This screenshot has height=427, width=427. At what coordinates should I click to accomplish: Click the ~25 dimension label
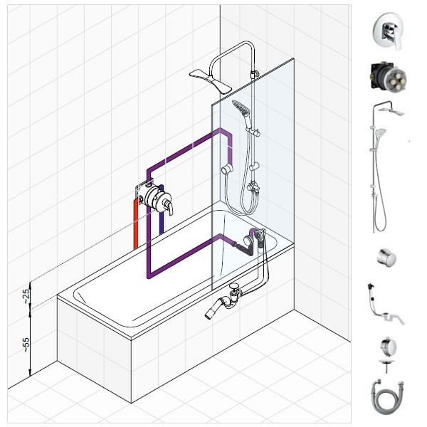click(x=26, y=296)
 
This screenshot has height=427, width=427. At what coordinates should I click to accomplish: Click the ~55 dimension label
click(x=26, y=344)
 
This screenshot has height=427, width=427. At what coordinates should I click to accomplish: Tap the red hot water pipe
click(x=136, y=224)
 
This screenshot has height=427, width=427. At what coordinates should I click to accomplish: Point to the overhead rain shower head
click(x=211, y=81)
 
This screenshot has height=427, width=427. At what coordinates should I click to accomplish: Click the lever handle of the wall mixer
click(x=169, y=208)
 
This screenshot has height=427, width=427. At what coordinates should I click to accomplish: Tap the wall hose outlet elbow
click(x=227, y=169)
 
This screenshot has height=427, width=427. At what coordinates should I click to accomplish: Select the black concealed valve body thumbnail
click(x=388, y=77)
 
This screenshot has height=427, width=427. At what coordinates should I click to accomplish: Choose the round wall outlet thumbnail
click(x=386, y=258)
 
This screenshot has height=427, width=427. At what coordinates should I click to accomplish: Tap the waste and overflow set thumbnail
click(x=384, y=305)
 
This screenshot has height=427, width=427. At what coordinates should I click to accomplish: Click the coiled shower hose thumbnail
click(x=386, y=397)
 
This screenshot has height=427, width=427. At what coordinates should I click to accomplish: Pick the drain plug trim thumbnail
click(x=388, y=354)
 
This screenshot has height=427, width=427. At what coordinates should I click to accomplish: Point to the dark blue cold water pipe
click(x=162, y=210)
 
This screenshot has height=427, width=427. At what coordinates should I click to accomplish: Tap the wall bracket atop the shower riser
click(x=255, y=74)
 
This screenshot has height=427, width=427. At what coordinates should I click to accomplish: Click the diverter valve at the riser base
click(x=253, y=189)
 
